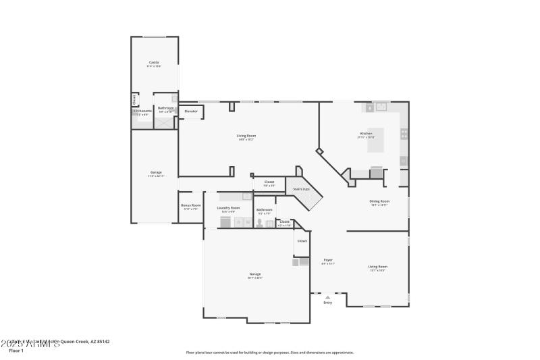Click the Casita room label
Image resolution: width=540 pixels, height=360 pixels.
pos(154,62)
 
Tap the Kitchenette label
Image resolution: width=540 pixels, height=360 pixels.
pos(142,111)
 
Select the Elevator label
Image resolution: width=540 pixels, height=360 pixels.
pos(191,111)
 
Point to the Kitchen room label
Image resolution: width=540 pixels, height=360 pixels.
pos(366,134)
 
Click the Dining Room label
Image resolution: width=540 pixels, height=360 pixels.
pos(379,201)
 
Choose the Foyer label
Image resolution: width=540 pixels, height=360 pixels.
pos(328,260)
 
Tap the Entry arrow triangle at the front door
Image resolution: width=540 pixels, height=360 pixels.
pos(328,297)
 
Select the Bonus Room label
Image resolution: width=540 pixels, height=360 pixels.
pos(191,205)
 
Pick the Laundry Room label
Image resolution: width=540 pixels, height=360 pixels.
pos(228,208)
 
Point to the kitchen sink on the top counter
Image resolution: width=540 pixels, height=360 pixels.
pos(381,107)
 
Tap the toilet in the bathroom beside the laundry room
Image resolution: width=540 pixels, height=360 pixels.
pos(259,223)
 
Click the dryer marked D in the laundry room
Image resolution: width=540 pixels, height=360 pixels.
pos(238,222)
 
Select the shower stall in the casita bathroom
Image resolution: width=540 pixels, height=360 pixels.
pos(164,122)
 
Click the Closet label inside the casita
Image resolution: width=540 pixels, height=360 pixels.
pos(134,99)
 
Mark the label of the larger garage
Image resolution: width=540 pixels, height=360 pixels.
pos(255,274)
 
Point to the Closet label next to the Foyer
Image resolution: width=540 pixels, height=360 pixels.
pos(302,240)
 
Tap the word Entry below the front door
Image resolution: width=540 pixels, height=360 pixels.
pos(328,303)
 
